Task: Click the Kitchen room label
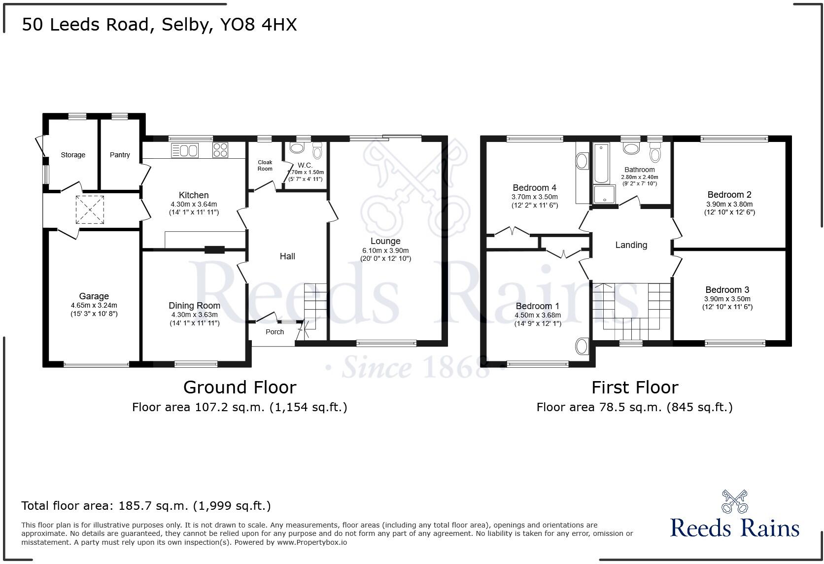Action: click(x=194, y=195)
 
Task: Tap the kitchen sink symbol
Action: click(x=185, y=150)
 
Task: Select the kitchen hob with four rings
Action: click(x=220, y=150)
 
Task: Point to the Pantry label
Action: click(x=120, y=155)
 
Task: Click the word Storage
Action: click(x=73, y=155)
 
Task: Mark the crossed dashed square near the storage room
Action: click(x=90, y=210)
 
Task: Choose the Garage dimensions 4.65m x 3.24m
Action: click(x=94, y=306)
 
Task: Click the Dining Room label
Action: click(x=194, y=306)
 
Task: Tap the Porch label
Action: click(x=275, y=332)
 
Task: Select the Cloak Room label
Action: click(x=265, y=165)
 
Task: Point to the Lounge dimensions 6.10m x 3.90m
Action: click(x=385, y=250)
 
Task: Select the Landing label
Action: click(x=631, y=245)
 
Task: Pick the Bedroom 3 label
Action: click(x=727, y=290)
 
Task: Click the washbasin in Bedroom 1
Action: click(x=583, y=346)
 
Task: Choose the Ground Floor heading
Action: click(x=240, y=388)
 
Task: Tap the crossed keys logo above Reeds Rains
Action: click(x=734, y=501)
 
